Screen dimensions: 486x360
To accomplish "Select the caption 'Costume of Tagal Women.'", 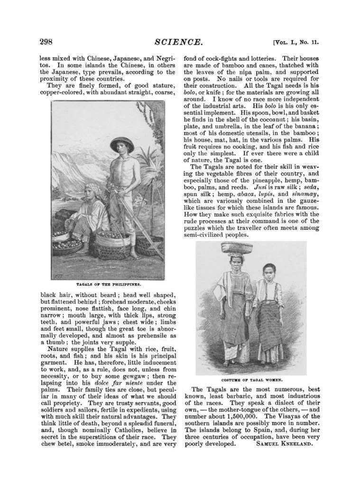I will pyautogui.click(x=252, y=380).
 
